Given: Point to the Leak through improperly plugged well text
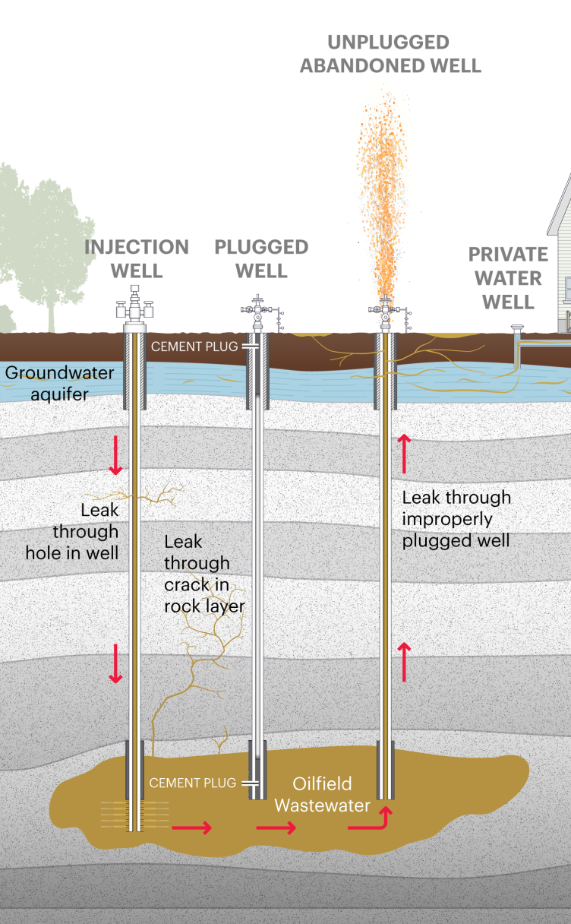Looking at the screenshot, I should [x=456, y=519].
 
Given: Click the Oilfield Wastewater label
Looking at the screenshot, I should [x=323, y=794].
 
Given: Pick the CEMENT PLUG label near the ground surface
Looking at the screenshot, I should [x=194, y=346].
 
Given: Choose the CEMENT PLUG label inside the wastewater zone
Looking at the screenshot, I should [x=193, y=783].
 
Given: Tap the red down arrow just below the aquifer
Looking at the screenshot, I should [x=115, y=456].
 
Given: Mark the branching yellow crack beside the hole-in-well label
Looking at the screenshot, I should [x=163, y=495].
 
